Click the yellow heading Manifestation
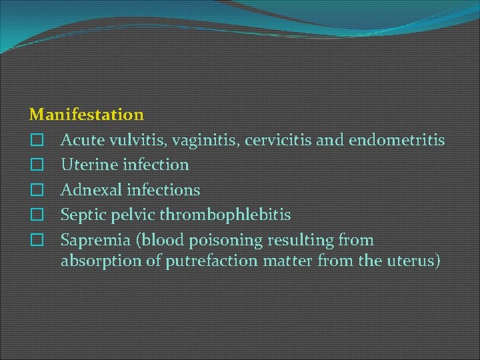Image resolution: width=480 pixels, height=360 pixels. [87, 115]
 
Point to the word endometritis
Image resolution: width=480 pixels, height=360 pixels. [396, 140]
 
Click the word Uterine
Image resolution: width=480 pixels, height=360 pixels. [89, 165]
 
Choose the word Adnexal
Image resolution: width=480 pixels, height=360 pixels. [91, 190]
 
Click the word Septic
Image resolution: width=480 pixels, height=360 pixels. [83, 215]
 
